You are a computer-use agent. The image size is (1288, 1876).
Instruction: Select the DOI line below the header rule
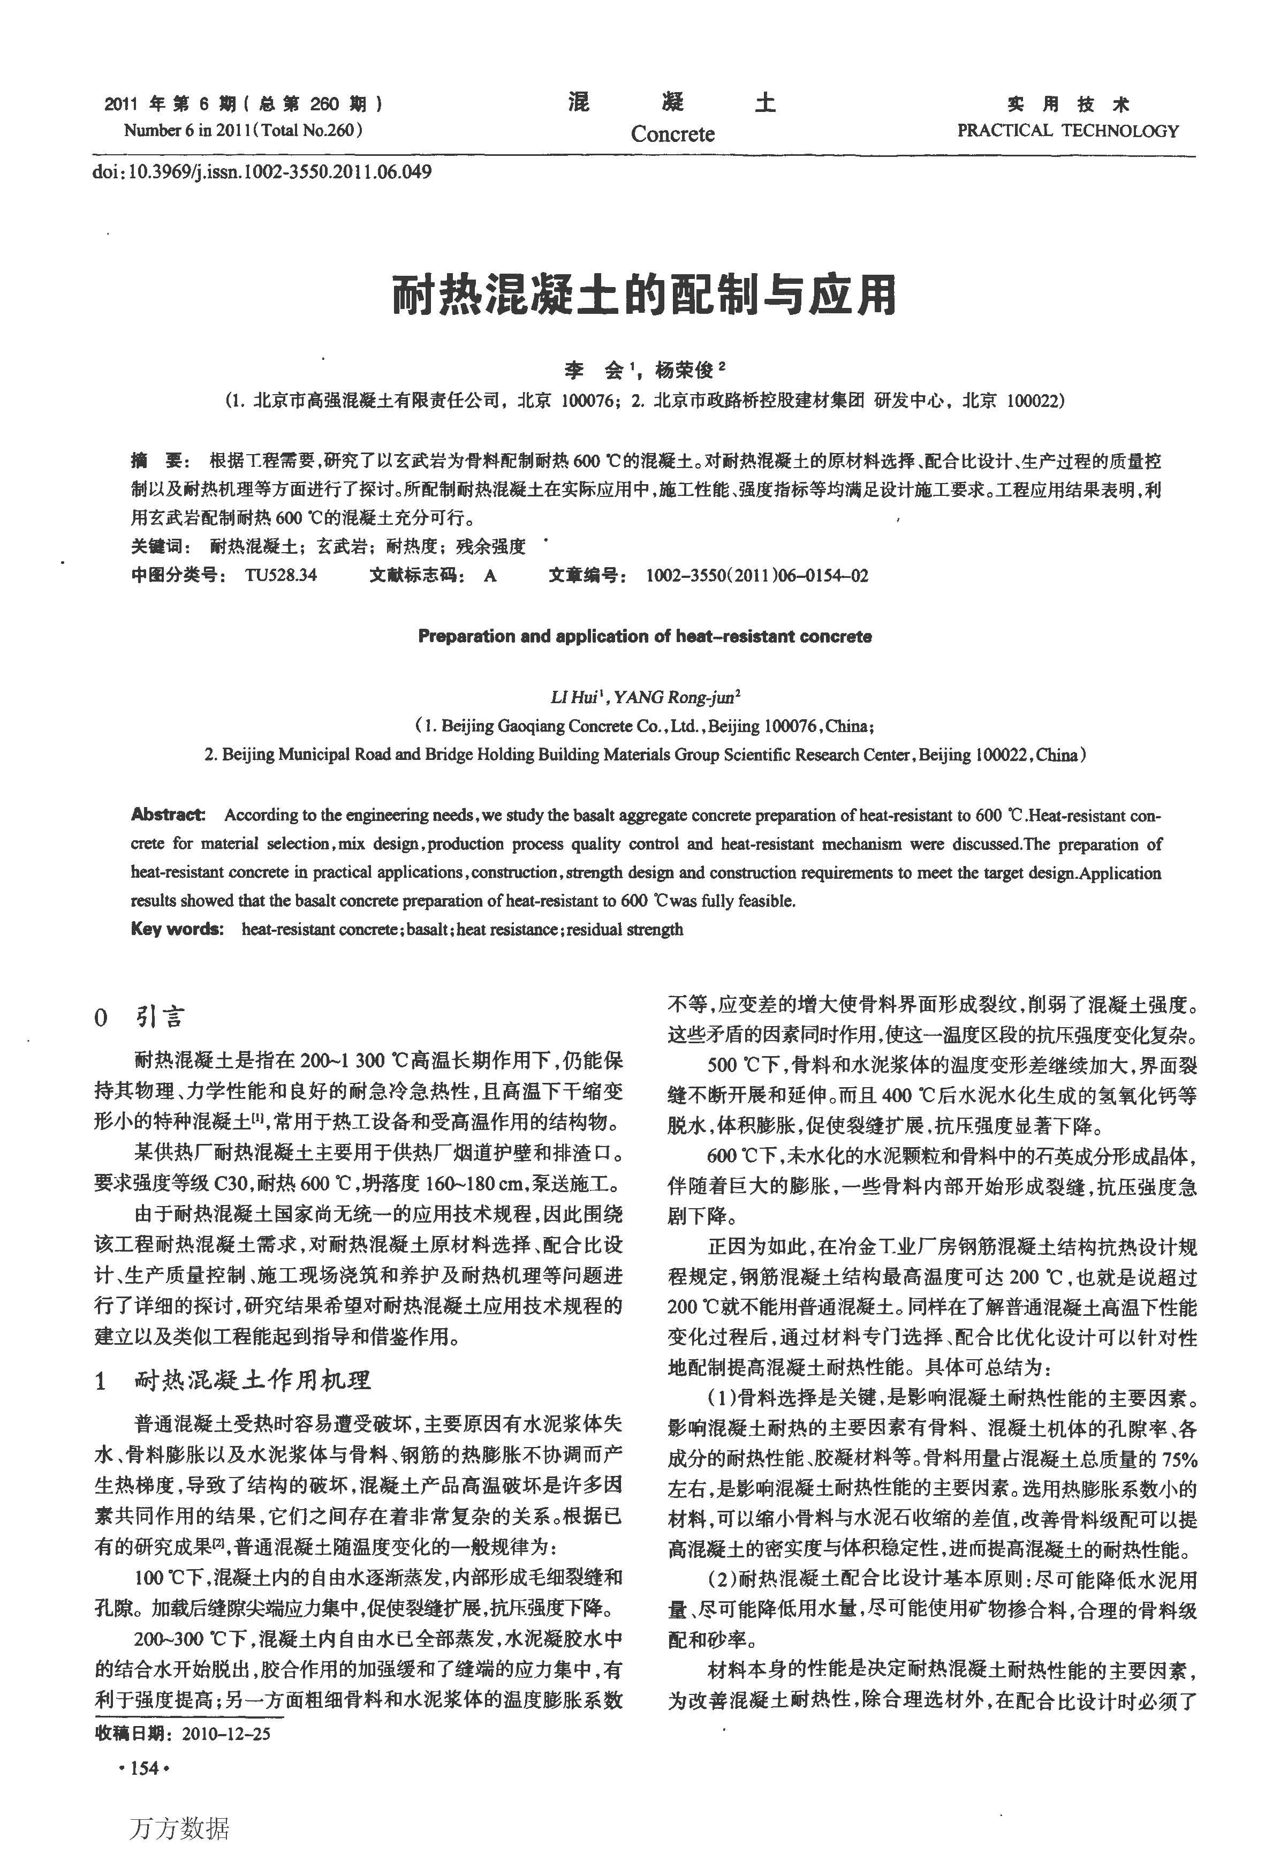click(x=262, y=172)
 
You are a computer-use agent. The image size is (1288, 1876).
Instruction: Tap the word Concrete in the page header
click(x=672, y=133)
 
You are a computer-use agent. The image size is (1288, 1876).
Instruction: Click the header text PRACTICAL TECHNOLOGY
click(x=1067, y=131)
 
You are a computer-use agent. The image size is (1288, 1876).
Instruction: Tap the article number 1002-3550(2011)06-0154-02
click(x=756, y=576)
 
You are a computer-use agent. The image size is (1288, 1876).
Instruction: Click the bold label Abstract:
click(x=168, y=815)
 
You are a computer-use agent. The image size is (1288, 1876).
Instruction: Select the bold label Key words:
click(x=177, y=929)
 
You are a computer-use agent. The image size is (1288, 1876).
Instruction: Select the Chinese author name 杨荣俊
click(x=684, y=371)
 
